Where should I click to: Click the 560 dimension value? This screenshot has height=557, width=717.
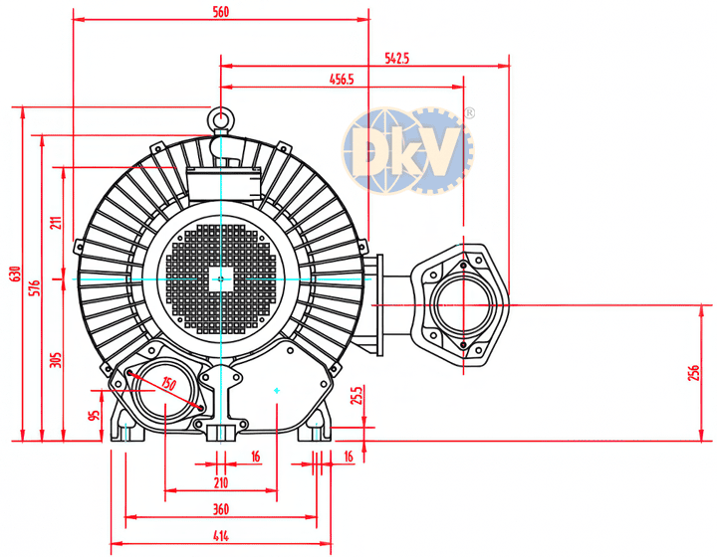221,12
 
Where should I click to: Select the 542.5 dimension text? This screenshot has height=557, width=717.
397,58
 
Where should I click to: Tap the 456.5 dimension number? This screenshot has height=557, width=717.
342,80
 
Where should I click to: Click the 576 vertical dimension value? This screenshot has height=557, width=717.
35,288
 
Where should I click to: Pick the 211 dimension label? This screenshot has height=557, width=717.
56,223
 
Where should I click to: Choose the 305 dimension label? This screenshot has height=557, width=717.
56,360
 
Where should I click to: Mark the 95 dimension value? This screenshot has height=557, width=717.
94,416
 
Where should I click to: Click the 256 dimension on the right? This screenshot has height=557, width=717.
693,373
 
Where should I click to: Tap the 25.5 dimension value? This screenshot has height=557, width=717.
357,396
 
